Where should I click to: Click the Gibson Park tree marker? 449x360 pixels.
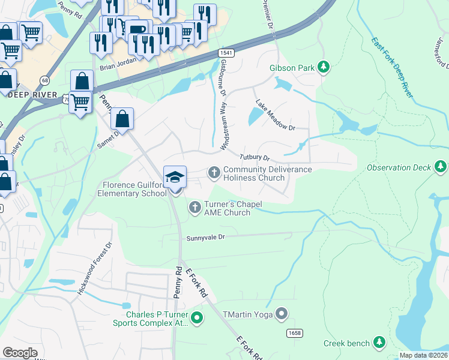pos(324,67)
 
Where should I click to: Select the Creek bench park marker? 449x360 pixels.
pos(379,343)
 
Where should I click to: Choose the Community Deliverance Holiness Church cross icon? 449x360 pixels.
pos(214,173)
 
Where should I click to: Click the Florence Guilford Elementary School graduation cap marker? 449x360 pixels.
pos(175,178)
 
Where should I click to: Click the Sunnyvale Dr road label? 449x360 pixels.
pos(205,237)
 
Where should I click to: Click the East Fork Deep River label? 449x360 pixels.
pos(391,67)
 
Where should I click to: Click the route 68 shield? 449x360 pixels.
pos(45,80)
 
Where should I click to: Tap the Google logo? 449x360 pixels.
pos(20,352)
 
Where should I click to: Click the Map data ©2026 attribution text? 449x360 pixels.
pos(423,355)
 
